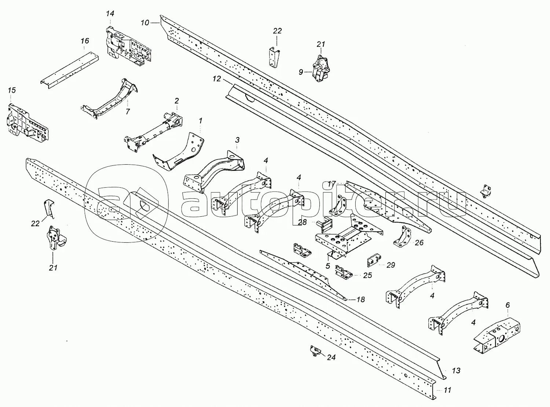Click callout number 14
pyautogui.click(x=110, y=14)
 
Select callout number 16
pyautogui.click(x=85, y=41)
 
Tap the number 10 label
pyautogui.click(x=145, y=23)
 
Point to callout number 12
pyautogui.click(x=217, y=79)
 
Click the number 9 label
pyautogui.click(x=301, y=72)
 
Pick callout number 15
pyautogui.click(x=12, y=90)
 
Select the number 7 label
pyautogui.click(x=128, y=111)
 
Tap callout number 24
pyautogui.click(x=331, y=357)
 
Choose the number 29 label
pyautogui.click(x=391, y=265)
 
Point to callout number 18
pyautogui.click(x=360, y=300)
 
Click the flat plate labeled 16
pyautogui.click(x=70, y=70)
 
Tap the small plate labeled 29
pyautogui.click(x=374, y=260)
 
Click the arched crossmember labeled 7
pyautogui.click(x=109, y=99)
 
